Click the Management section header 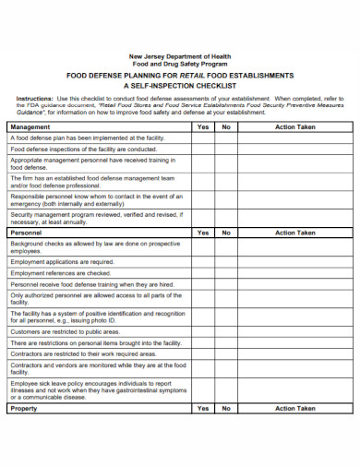pyautogui.click(x=30, y=126)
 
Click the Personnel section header pyautogui.click(x=27, y=233)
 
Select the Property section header pyautogui.click(x=25, y=408)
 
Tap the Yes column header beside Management pyautogui.click(x=203, y=126)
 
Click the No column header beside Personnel pyautogui.click(x=225, y=233)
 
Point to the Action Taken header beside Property pyautogui.click(x=295, y=408)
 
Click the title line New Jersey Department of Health pyautogui.click(x=180, y=56)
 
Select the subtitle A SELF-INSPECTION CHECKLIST pyautogui.click(x=180, y=84)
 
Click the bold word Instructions pyautogui.click(x=35, y=98)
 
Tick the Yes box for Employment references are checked pyautogui.click(x=203, y=273)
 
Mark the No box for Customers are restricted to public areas pyautogui.click(x=225, y=330)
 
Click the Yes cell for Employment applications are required pyautogui.click(x=203, y=262)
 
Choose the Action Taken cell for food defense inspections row pyautogui.click(x=295, y=149)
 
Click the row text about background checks pyautogui.click(x=95, y=247)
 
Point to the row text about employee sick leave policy pyautogui.click(x=95, y=390)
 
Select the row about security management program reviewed pyautogui.click(x=95, y=218)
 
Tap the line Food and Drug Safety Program pyautogui.click(x=180, y=64)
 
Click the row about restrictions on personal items pyautogui.click(x=95, y=342)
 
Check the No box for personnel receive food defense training pyautogui.click(x=225, y=285)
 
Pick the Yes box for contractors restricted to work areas pyautogui.click(x=203, y=353)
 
